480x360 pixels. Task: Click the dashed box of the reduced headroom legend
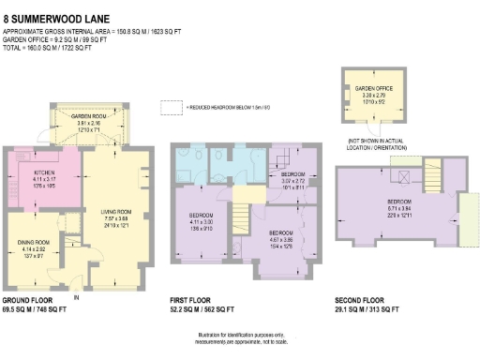[x=170, y=109]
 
